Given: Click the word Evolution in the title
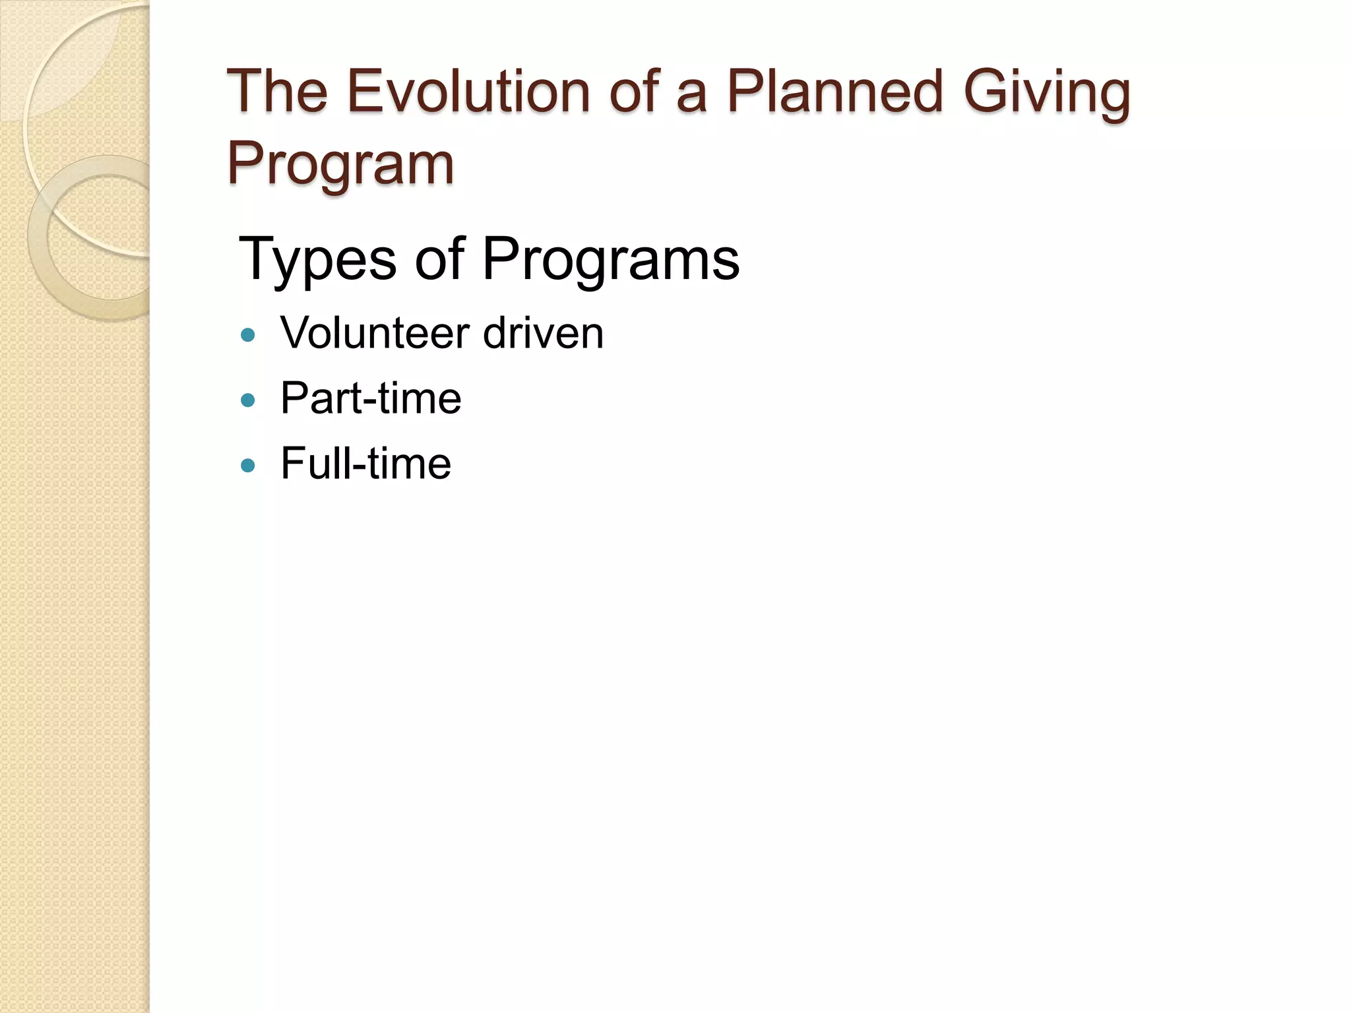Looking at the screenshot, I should (468, 92).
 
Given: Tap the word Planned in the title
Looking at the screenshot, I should (834, 92).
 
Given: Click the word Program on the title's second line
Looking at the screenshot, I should (340, 164).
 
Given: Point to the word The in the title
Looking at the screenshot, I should (278, 92).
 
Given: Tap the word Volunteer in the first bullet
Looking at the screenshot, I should (376, 333).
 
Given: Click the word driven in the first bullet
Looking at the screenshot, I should (543, 333).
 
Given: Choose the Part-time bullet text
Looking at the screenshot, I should (371, 398).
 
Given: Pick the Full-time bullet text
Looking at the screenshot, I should (366, 464).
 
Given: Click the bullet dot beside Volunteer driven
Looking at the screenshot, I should (248, 335).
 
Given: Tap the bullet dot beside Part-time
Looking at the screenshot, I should (248, 400).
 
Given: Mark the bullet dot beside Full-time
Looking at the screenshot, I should (248, 466).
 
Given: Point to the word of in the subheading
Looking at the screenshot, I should (439, 259).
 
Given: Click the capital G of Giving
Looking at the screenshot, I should (986, 92).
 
